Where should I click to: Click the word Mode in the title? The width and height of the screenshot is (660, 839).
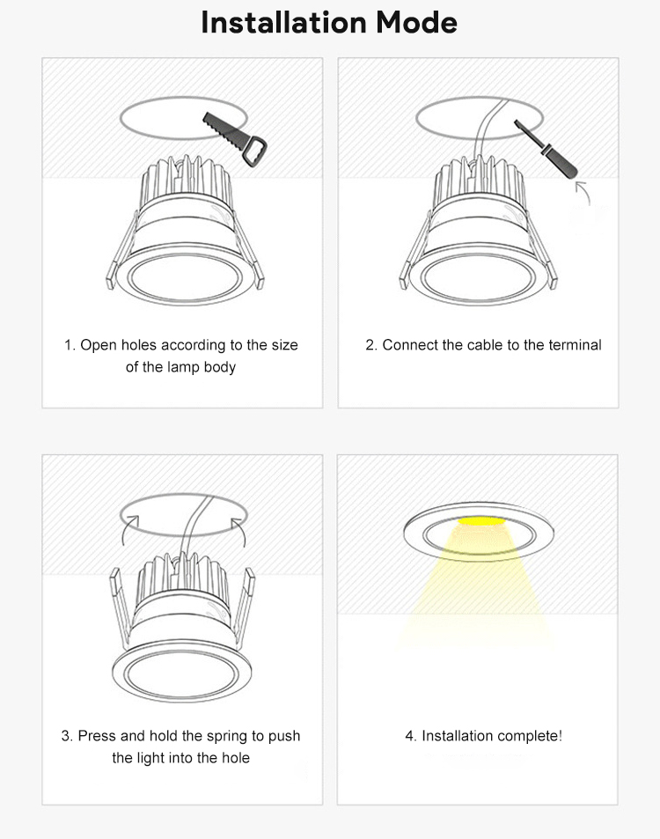[x=416, y=23]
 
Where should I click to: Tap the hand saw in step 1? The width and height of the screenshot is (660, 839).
[x=234, y=139]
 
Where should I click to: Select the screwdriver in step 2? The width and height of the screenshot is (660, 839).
[x=546, y=149]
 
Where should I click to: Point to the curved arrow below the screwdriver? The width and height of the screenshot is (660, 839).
[x=583, y=192]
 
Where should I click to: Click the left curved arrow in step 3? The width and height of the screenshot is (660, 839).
[x=128, y=530]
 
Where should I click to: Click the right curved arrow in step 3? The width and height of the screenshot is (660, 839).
[x=238, y=531]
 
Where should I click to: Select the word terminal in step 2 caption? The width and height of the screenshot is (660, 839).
[x=575, y=345]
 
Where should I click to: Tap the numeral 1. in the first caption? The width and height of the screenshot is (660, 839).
[x=70, y=345]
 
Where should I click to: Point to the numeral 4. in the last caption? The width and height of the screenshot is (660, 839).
[x=411, y=736]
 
